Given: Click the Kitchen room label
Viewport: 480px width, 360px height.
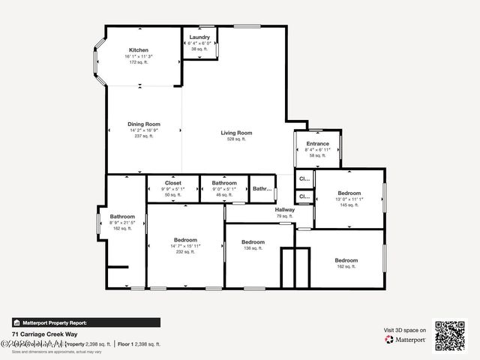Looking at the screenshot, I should pos(139,50).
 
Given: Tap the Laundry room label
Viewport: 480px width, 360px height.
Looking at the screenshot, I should pos(199,37).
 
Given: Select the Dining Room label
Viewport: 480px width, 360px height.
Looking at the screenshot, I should pos(144,124).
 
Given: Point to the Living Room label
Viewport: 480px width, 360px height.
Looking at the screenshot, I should pos(236,133).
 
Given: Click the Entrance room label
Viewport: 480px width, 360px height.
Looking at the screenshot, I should pos(317,143).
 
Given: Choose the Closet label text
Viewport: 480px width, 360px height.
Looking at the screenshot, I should pos(173,183).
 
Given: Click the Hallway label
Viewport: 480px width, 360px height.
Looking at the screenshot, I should pos(284,210).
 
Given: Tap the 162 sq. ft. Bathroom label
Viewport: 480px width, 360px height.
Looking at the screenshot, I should pos(122,217).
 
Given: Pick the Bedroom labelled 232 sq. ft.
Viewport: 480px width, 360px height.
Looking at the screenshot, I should pos(184,240).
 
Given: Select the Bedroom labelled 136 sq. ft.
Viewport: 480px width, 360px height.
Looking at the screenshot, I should pos(253,242).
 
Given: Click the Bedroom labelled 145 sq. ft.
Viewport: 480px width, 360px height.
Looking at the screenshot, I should pos(349,193).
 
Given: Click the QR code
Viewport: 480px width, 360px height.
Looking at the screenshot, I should pos(450,336).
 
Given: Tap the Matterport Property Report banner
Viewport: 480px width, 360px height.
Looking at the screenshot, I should pos(85,322).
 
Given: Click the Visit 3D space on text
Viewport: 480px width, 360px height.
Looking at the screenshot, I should pos(405,330).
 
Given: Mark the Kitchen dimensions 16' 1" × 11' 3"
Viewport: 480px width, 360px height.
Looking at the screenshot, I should pos(139,56).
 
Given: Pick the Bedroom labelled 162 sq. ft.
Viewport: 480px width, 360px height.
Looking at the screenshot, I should pos(346,260).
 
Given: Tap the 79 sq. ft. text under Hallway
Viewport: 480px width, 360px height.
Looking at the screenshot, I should pos(284,217).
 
